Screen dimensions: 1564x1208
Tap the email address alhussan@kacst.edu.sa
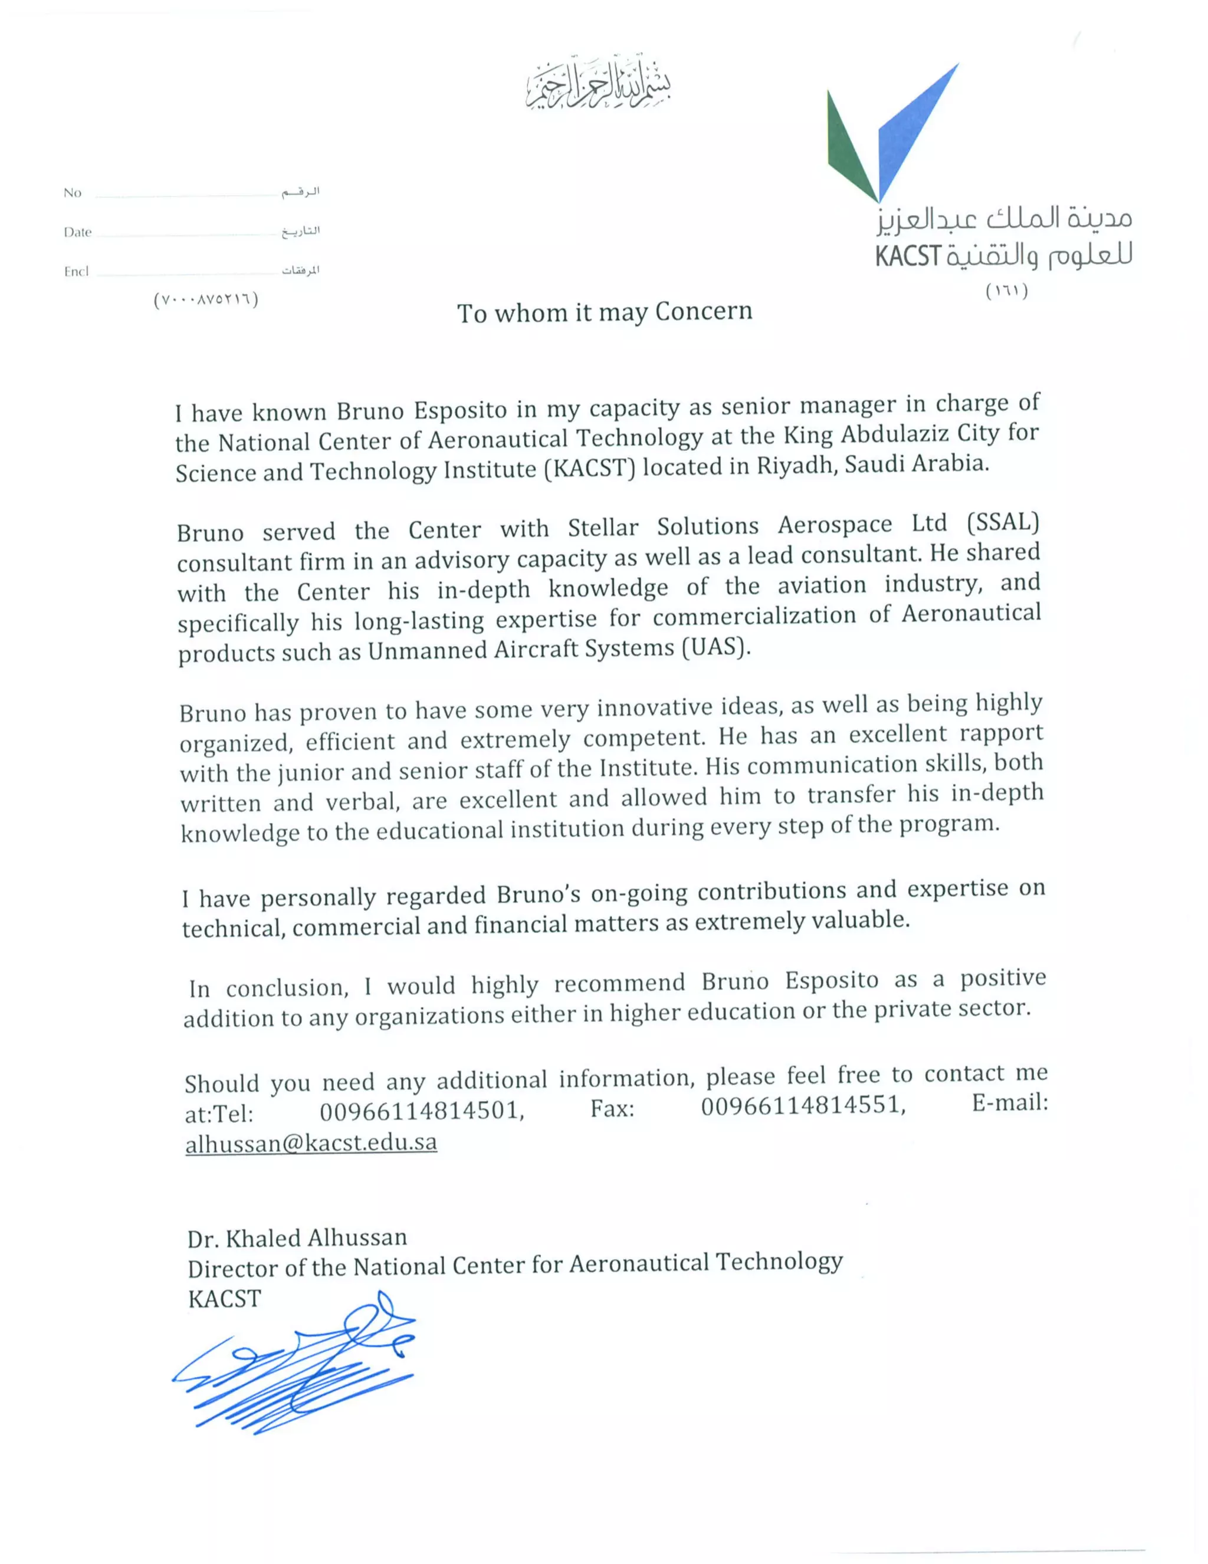310,1142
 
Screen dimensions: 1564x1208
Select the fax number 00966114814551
802,1107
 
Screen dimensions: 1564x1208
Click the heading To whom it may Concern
604,312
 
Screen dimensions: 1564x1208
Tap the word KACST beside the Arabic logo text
907,256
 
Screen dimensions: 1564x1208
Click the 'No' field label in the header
73,193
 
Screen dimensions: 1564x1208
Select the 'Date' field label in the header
77,232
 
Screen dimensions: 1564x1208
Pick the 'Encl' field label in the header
76,271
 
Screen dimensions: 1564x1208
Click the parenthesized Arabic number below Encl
206,299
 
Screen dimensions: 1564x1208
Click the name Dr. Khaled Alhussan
297,1238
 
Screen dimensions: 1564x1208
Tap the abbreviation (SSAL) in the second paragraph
1002,522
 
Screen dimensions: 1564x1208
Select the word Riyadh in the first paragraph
786,466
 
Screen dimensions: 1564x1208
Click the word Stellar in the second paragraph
603,528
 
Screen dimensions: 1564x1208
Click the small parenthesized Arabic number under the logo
1007,291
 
